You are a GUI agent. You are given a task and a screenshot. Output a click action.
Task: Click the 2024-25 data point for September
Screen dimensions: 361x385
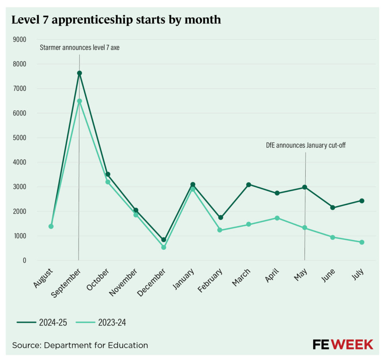[79, 73]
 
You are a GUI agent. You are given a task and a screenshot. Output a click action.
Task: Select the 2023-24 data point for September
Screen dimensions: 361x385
[79, 101]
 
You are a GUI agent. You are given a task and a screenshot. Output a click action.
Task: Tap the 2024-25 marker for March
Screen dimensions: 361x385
[248, 184]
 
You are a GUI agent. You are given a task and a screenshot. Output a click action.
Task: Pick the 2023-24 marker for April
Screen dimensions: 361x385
[277, 218]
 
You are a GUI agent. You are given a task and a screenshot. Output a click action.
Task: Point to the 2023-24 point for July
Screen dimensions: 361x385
[362, 242]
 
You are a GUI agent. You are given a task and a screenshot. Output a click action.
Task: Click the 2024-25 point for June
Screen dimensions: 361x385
[333, 208]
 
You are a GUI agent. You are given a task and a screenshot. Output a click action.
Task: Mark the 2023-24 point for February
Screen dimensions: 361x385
[220, 230]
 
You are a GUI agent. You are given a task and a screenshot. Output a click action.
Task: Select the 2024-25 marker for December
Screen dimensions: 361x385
[164, 240]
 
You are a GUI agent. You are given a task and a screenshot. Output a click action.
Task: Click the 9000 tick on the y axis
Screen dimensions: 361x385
[19, 39]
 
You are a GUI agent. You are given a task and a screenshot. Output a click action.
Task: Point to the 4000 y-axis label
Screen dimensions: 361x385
[19, 162]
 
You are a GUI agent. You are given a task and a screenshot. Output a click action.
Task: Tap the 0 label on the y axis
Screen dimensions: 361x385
[24, 261]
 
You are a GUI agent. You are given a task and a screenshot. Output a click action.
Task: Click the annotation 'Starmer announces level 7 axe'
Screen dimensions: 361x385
[79, 48]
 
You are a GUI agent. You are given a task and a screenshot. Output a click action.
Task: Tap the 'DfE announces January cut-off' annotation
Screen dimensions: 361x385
[306, 145]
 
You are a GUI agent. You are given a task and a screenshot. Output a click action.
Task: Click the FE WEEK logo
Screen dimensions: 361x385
[343, 344]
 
